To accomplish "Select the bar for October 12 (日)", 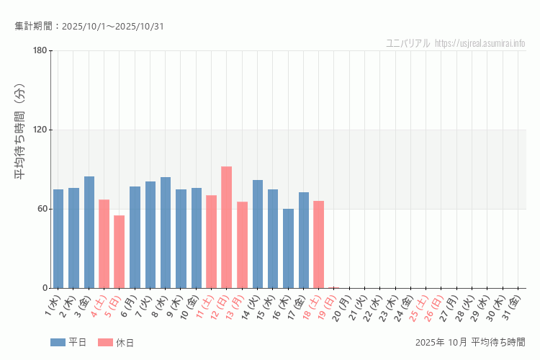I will [x=226, y=228].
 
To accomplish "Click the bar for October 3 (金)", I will [x=89, y=233].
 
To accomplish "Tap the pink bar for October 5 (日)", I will [x=120, y=252].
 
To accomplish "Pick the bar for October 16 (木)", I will [x=288, y=248].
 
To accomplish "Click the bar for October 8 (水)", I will [x=166, y=233].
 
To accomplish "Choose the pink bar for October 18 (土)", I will [x=318, y=245].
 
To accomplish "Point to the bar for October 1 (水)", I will [x=58, y=239].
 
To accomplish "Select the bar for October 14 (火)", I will [x=258, y=234].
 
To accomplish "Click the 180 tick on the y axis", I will [x=40, y=50].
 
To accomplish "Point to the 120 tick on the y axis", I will [x=40, y=130].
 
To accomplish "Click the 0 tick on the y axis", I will [x=44, y=288].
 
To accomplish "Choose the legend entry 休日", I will [x=116, y=342].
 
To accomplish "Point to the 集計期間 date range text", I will [x=89, y=27].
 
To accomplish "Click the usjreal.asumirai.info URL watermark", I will [x=480, y=43].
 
